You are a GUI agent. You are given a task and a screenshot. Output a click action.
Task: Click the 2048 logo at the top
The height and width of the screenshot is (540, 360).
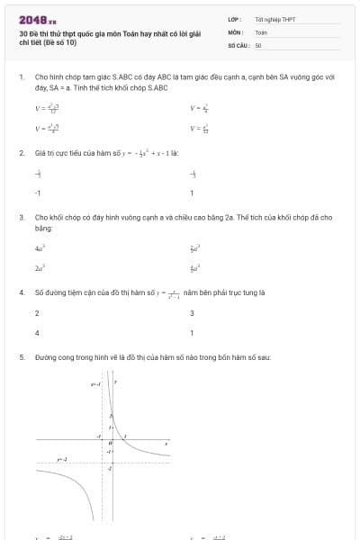point(37,19)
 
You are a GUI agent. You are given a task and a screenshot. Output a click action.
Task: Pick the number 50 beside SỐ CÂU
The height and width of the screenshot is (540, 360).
point(258,43)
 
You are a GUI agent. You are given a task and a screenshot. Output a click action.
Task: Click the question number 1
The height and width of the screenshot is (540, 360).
point(21,78)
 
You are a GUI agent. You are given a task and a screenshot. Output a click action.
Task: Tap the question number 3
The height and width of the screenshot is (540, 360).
point(21,218)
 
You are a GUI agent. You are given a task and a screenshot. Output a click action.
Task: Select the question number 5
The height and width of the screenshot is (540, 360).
point(21,357)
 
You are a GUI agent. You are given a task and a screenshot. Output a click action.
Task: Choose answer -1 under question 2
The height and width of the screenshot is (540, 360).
point(37,193)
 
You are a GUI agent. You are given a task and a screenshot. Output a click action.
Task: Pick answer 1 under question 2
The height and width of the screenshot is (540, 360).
point(192,193)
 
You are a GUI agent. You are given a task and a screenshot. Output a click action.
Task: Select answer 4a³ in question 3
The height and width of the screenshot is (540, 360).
point(40,247)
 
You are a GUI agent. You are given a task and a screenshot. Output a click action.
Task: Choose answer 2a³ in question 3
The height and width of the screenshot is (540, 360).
point(40,268)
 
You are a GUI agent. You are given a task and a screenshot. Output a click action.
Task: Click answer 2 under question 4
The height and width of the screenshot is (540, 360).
point(37,313)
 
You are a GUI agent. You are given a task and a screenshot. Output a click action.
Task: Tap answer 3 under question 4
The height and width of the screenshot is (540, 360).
point(192,313)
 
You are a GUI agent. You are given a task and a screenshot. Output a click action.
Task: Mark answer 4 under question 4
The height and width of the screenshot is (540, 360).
point(37,333)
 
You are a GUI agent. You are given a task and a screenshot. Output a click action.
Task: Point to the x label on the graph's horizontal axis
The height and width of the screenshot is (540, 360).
point(166,443)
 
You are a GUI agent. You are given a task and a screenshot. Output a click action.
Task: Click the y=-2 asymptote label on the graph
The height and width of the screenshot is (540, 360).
point(62,461)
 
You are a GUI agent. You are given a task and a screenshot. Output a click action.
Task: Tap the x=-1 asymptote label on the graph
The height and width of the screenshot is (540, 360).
point(95,384)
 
